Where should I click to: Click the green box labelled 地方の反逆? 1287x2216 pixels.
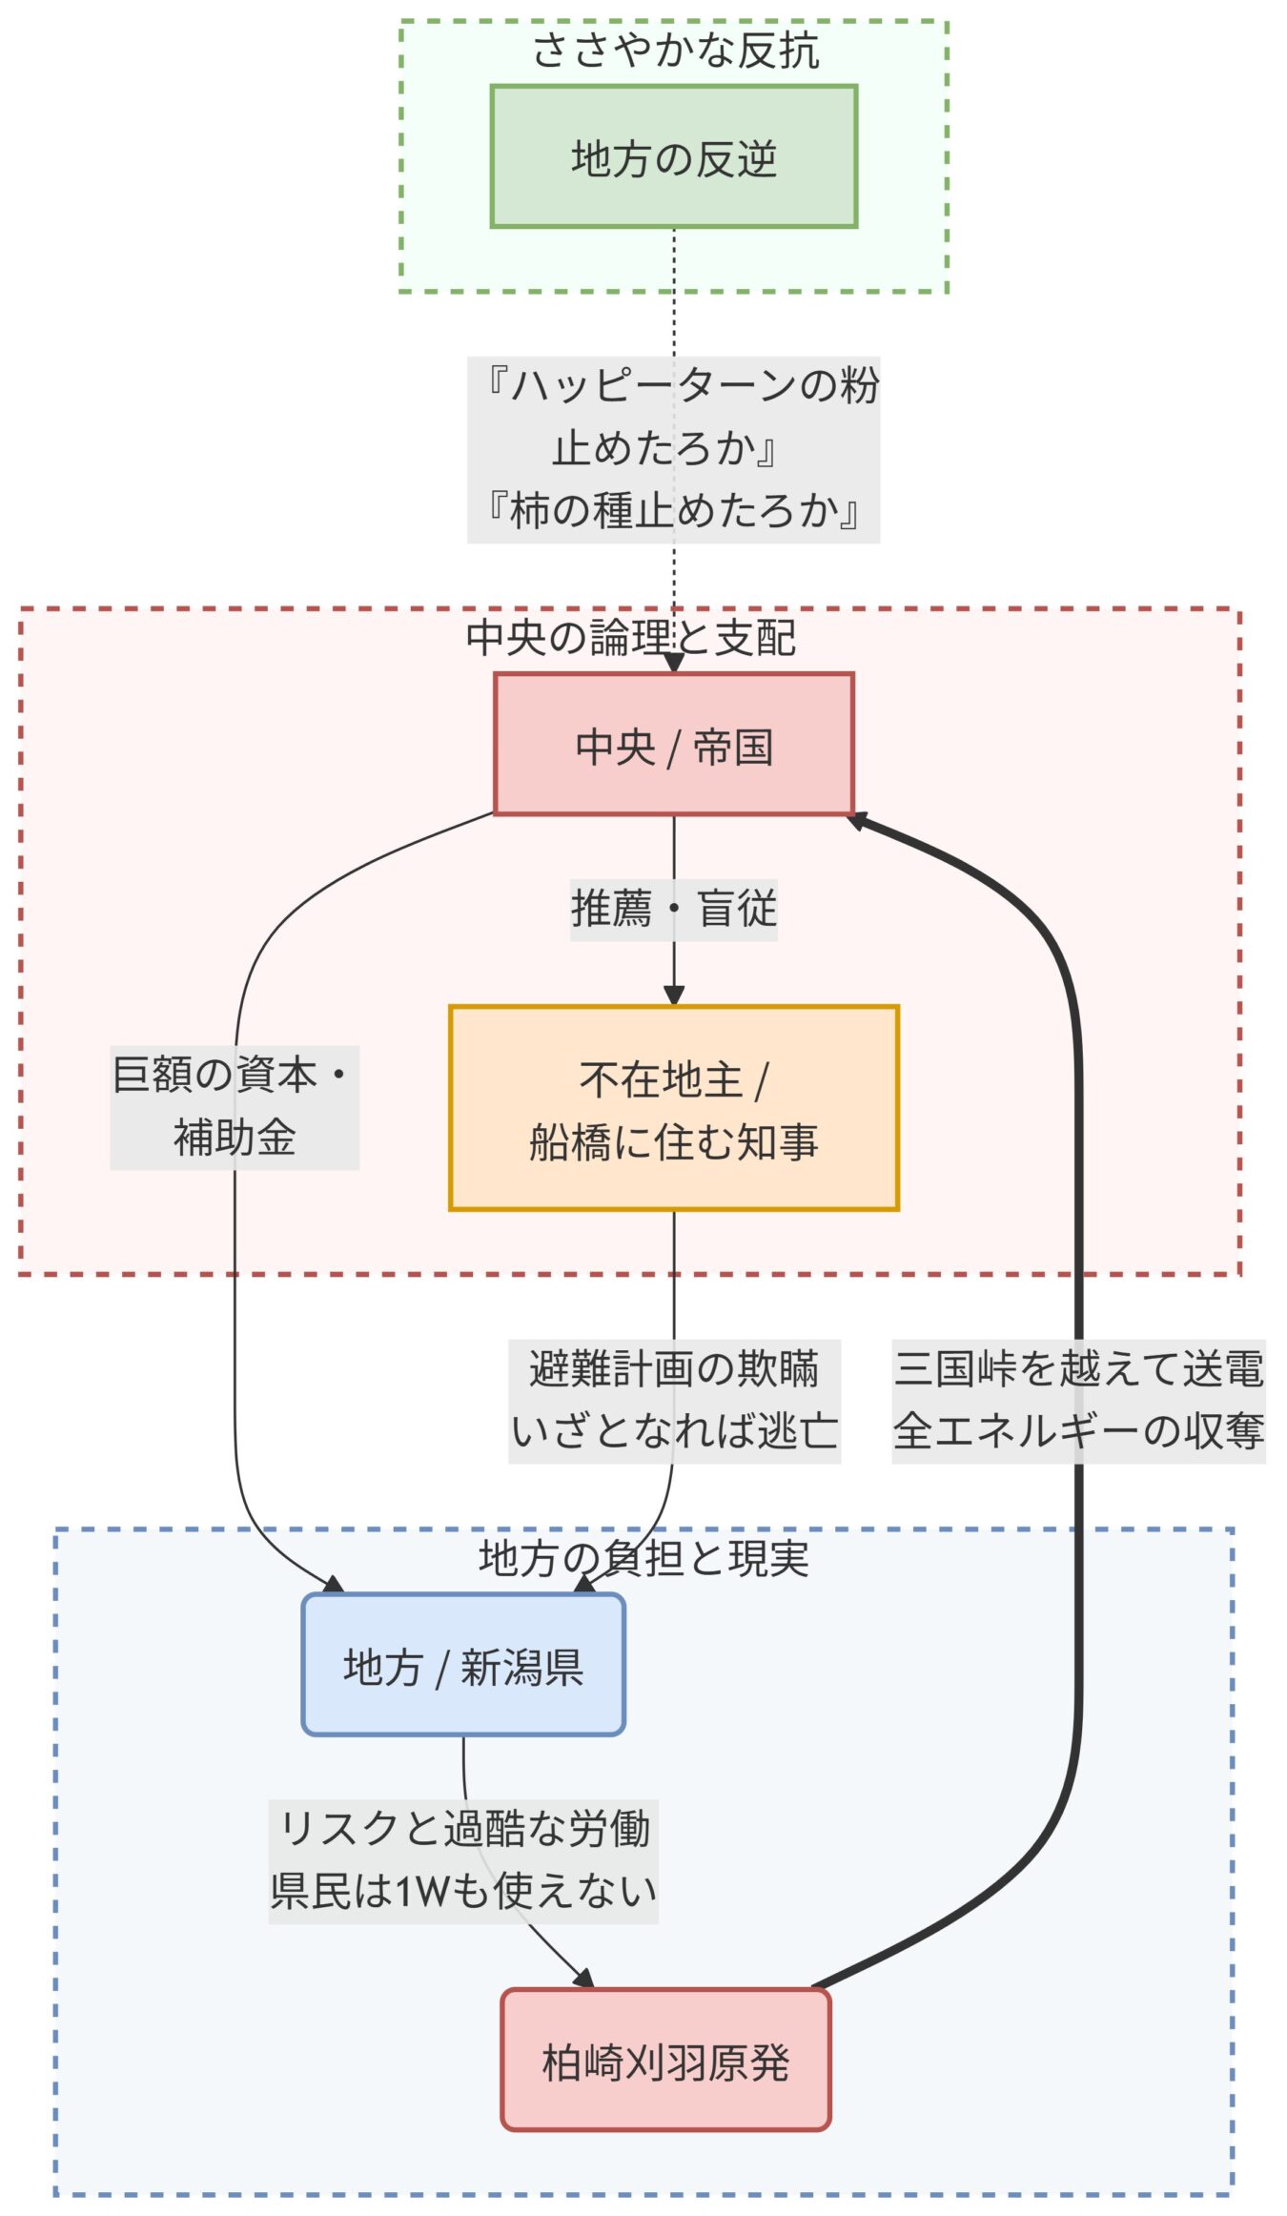coord(673,157)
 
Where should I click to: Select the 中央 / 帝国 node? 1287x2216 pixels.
coord(673,745)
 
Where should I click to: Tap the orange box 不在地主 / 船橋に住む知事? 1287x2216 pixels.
coord(673,1108)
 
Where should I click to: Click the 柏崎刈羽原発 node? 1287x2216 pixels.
coord(665,2062)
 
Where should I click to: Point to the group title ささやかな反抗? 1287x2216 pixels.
coord(675,50)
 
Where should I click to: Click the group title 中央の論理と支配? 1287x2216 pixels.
coord(630,637)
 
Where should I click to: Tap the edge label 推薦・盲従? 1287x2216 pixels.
coord(673,909)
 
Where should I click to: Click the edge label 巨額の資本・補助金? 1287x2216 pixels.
coord(235,1106)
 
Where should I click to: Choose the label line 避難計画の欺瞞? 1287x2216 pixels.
coord(673,1369)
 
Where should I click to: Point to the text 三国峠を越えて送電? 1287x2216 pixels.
coord(1078,1369)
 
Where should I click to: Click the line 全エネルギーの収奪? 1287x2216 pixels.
coord(1078,1430)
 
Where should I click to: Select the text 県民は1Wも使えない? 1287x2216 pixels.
coord(463,1891)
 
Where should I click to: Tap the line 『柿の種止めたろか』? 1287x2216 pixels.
coord(673,510)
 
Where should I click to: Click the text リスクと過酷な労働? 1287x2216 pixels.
coord(463,1829)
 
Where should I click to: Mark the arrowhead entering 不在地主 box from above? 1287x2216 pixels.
coord(674,995)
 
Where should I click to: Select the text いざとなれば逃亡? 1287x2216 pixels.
coord(673,1430)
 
